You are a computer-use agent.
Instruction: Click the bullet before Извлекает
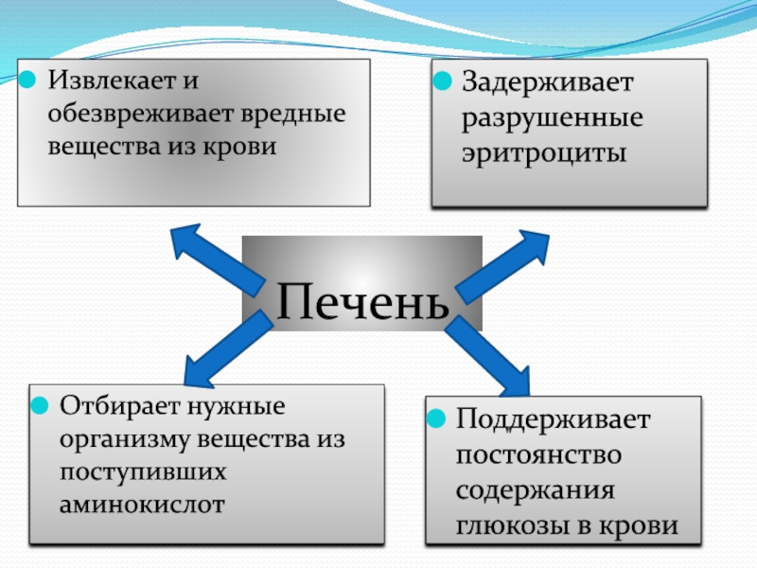click(x=30, y=79)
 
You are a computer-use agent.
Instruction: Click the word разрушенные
click(x=553, y=119)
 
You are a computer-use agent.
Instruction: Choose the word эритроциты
click(x=544, y=153)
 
